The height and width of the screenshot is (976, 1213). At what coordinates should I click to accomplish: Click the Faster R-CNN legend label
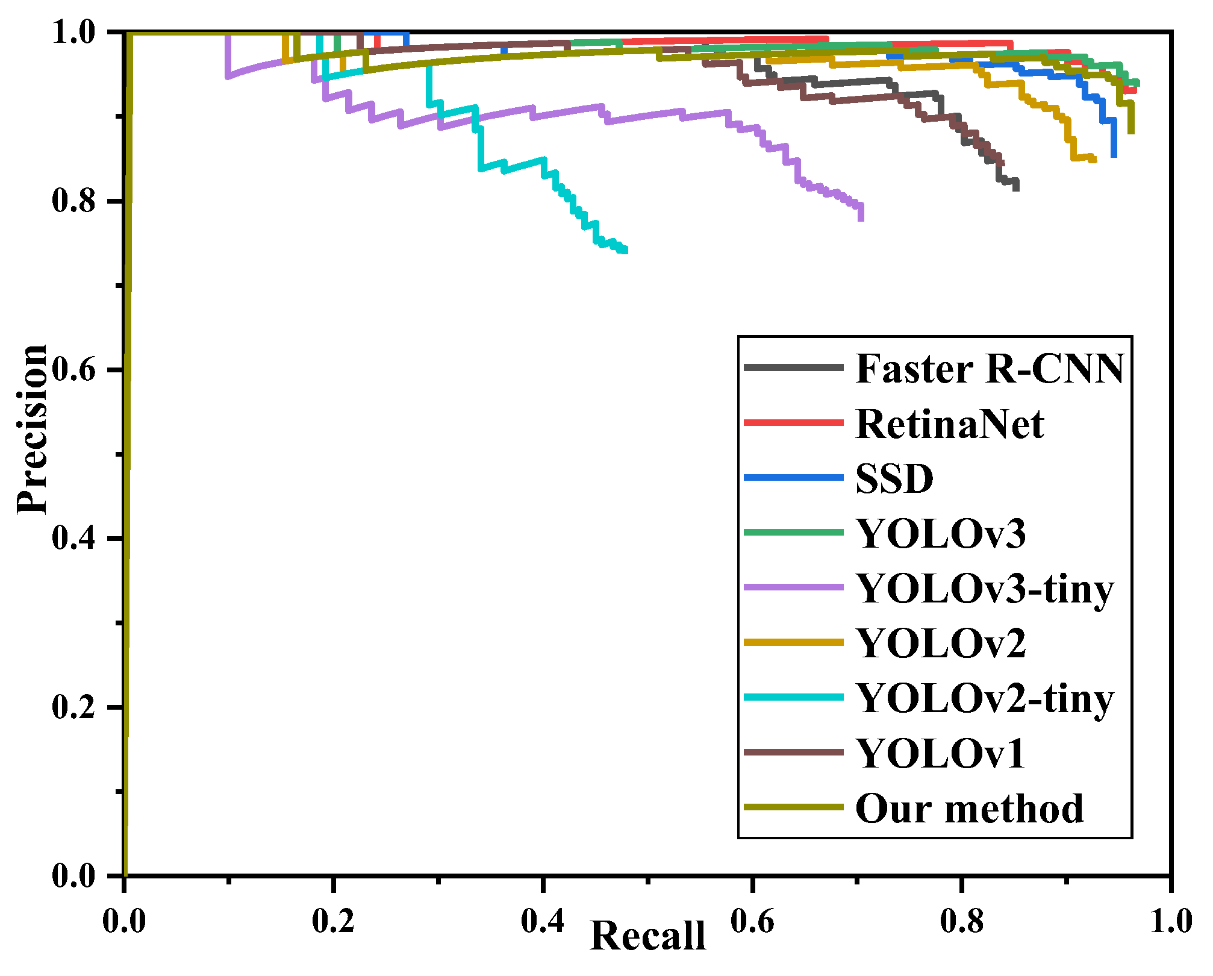click(x=990, y=368)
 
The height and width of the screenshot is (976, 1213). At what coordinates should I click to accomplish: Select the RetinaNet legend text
click(x=950, y=424)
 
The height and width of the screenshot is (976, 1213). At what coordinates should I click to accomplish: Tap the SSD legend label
click(x=894, y=478)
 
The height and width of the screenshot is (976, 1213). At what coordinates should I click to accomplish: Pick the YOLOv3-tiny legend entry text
click(x=985, y=589)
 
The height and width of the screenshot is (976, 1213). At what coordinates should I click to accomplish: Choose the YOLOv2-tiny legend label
click(x=985, y=699)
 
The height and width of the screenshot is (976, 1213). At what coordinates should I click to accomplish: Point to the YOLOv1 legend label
click(x=941, y=753)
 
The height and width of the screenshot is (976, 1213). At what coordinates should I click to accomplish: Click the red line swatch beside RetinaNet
click(x=793, y=422)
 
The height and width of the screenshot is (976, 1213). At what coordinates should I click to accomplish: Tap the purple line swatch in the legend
click(x=793, y=587)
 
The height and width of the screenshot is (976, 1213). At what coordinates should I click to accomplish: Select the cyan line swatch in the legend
click(x=793, y=697)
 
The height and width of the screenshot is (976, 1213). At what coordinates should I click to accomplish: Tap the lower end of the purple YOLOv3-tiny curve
click(x=861, y=218)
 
